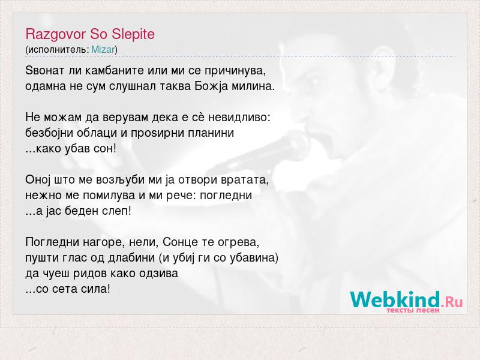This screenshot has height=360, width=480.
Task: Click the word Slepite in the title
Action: [x=133, y=34]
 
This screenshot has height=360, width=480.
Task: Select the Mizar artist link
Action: [x=103, y=49]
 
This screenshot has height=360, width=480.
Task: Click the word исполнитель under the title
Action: [x=57, y=50]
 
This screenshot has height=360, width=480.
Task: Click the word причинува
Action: [x=235, y=71]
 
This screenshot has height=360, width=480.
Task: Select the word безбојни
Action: [x=50, y=133]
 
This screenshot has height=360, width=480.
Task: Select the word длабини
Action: [x=131, y=258]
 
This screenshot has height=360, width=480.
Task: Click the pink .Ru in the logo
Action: [x=452, y=302]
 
